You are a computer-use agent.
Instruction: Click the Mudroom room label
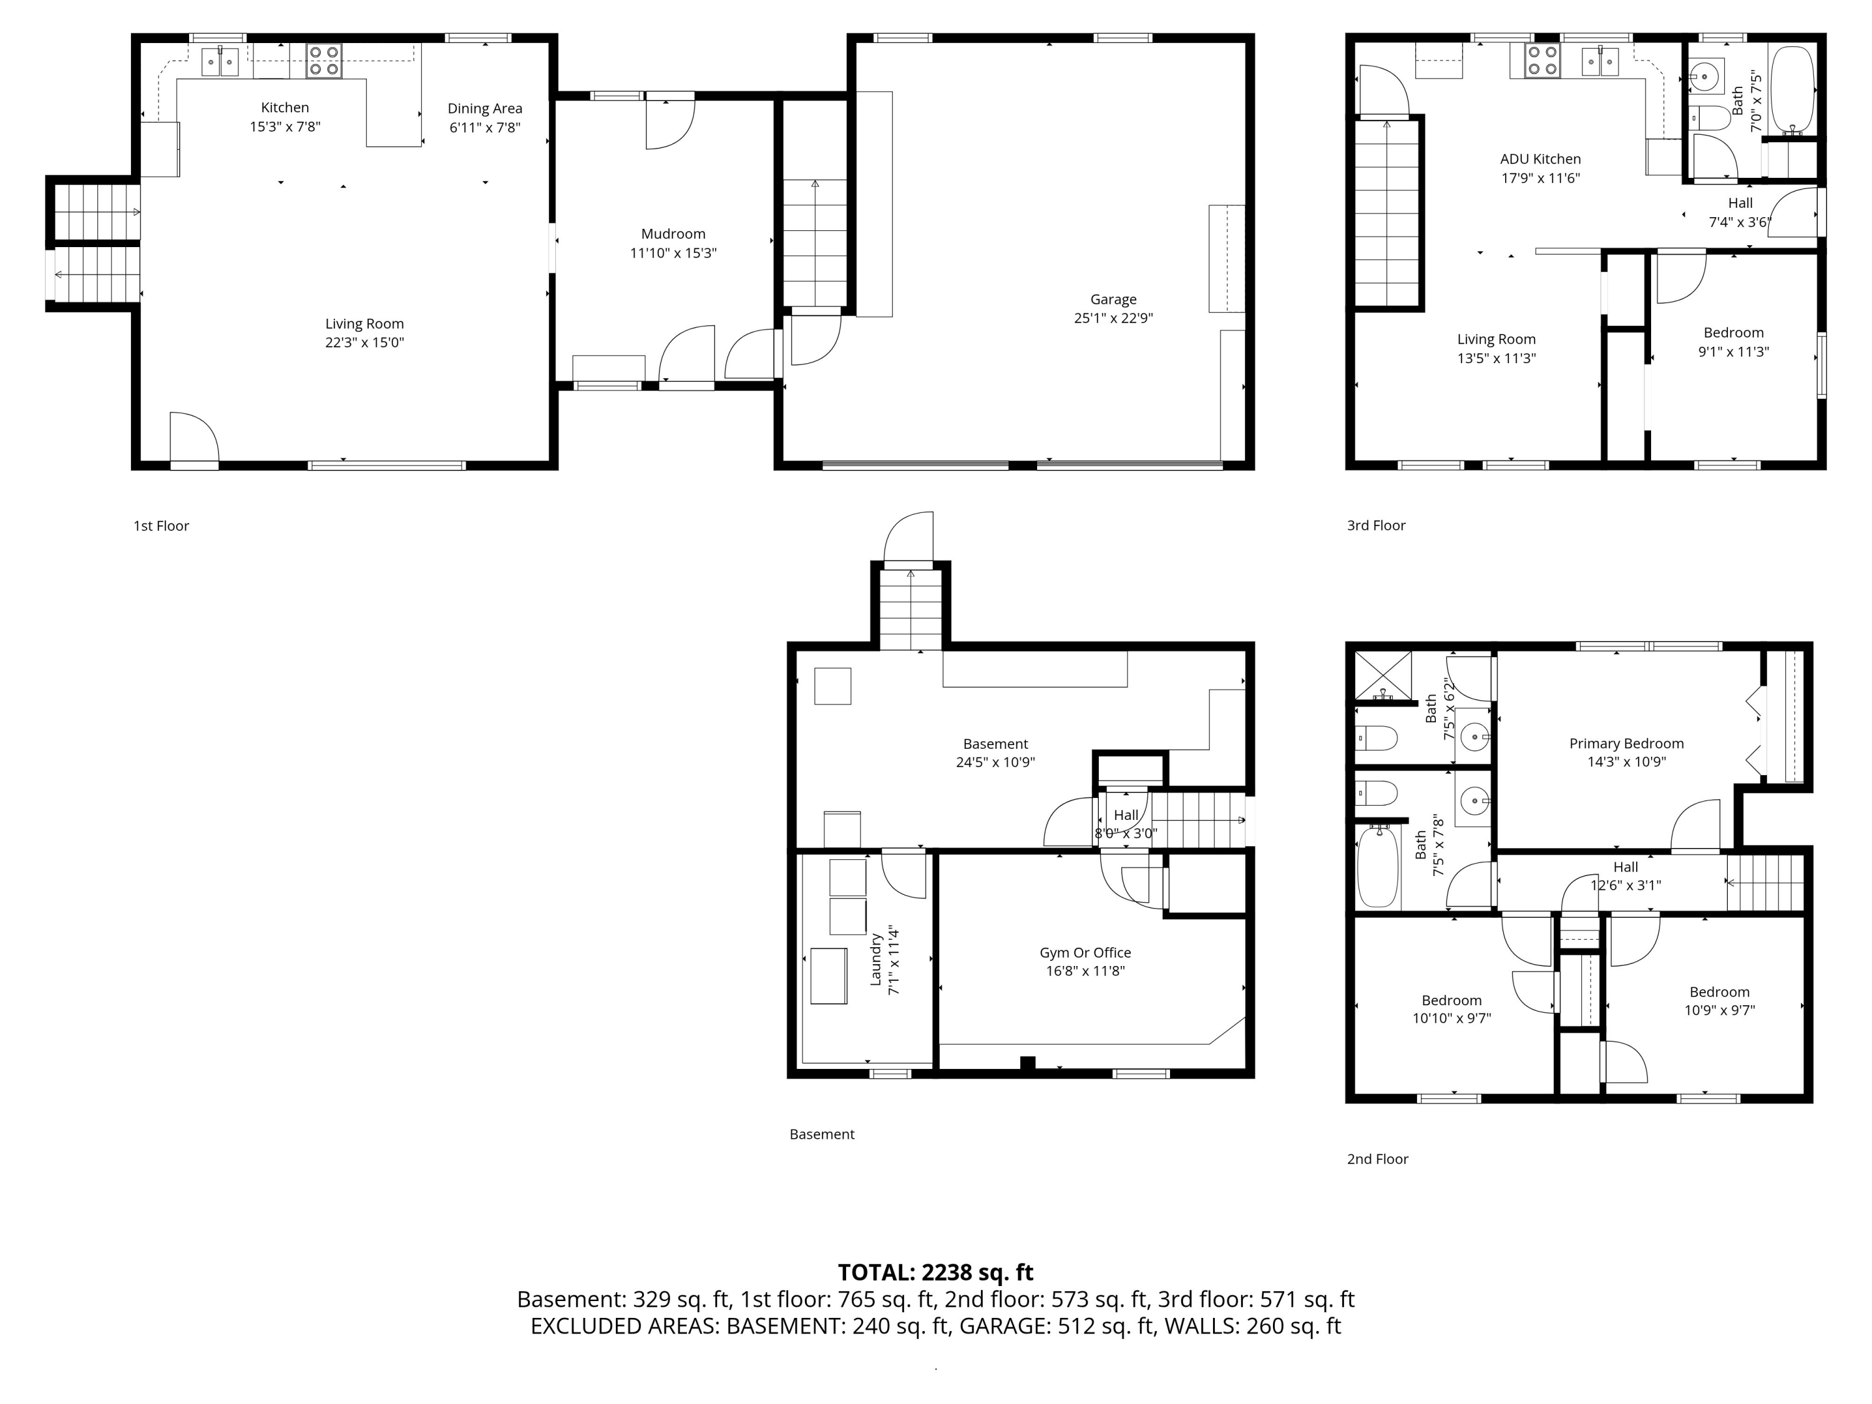click(673, 233)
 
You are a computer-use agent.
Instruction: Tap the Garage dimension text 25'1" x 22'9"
click(1113, 318)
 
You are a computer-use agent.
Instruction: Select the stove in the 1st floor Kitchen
click(324, 60)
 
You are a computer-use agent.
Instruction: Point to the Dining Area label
click(485, 109)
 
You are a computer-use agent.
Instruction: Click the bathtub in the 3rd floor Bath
click(1793, 90)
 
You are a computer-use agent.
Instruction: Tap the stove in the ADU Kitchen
click(1542, 60)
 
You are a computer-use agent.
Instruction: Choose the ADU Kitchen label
click(1540, 158)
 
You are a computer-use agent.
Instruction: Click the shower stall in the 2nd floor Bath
click(1383, 675)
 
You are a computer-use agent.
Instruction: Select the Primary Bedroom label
click(1626, 743)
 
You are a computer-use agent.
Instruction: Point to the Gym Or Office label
click(1085, 952)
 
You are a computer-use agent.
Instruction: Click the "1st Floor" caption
click(161, 525)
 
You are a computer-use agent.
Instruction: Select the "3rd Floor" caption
click(1376, 525)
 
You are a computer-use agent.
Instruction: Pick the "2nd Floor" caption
click(1377, 1159)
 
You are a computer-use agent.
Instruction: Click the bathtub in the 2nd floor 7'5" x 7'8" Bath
click(1378, 867)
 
